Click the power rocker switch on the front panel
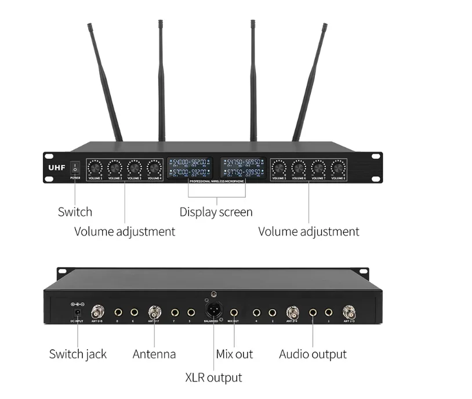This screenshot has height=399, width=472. click(75, 168)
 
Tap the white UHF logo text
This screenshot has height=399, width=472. click(56, 166)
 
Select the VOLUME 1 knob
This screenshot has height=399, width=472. click(95, 168)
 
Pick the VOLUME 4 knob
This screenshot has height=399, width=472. click(154, 168)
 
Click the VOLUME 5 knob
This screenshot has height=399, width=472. click(279, 168)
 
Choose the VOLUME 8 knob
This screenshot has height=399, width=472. click(338, 168)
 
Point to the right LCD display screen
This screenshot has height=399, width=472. click(243, 168)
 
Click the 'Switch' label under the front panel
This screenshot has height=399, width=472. click(75, 212)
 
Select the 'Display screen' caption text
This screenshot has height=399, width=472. click(216, 212)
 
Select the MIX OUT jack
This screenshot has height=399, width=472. click(234, 312)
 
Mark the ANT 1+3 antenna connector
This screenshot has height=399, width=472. click(349, 311)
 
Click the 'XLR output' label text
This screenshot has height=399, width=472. click(213, 378)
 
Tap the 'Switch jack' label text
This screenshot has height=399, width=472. click(78, 354)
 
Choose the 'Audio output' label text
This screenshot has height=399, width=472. click(313, 354)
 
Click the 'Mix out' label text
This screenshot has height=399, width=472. click(234, 354)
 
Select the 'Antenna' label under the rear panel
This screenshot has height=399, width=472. click(154, 354)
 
